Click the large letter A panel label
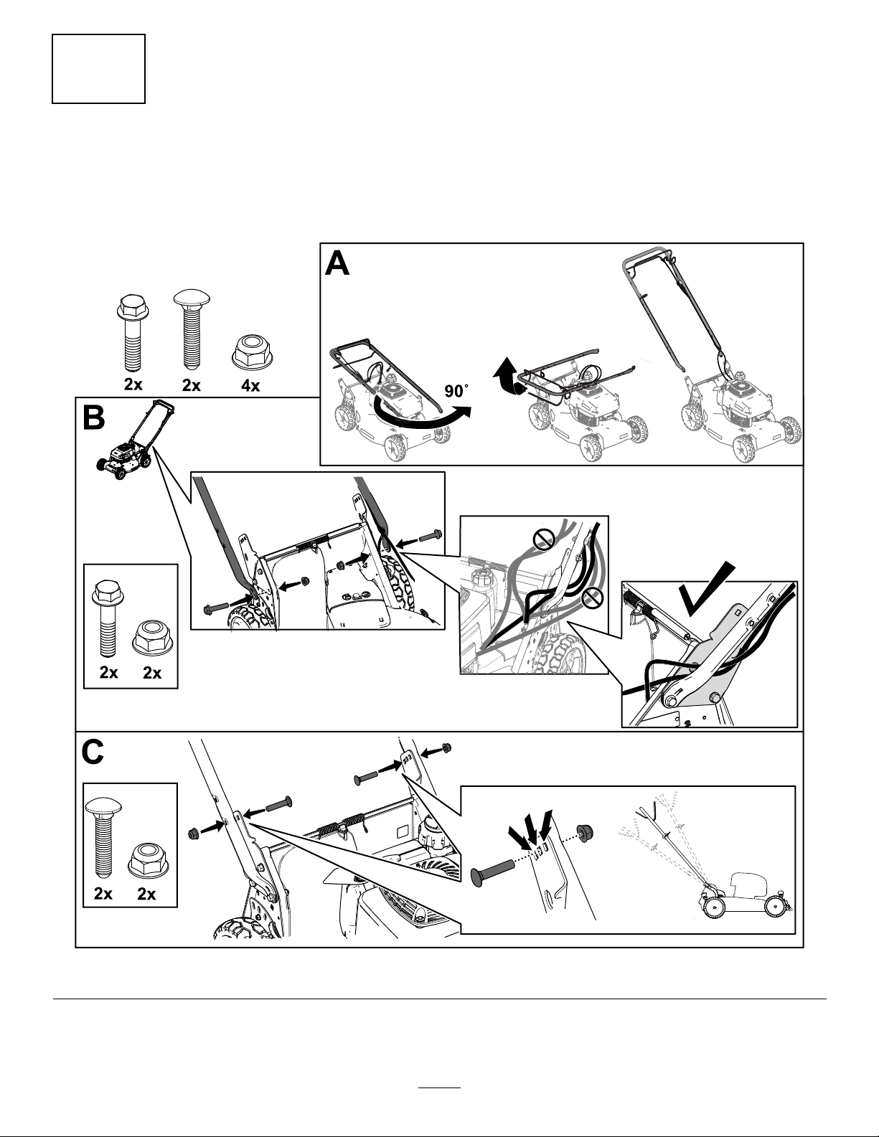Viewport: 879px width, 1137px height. tap(337, 263)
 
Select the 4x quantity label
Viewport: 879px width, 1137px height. tap(250, 385)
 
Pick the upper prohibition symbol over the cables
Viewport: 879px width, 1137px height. tap(545, 538)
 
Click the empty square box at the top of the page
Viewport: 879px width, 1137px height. tap(98, 68)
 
